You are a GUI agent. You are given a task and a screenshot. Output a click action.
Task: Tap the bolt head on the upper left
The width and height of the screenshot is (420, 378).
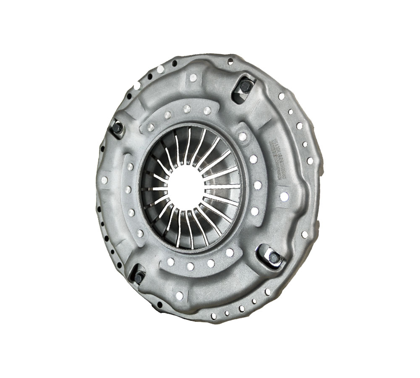pos(118,127)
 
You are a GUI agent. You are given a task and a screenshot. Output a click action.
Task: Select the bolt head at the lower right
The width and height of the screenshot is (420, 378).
pos(273,258)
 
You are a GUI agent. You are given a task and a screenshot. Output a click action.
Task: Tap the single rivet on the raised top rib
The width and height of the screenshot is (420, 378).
pos(193,78)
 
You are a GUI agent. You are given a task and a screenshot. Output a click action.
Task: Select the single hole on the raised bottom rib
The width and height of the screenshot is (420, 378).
pos(179,296)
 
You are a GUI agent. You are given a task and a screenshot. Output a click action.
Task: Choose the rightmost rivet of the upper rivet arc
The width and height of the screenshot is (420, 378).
pos(207,110)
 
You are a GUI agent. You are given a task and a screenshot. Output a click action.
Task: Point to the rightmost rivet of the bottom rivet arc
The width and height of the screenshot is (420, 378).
pos(229,252)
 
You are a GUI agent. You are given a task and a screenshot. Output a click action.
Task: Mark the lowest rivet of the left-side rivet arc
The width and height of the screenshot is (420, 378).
pos(140,233)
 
